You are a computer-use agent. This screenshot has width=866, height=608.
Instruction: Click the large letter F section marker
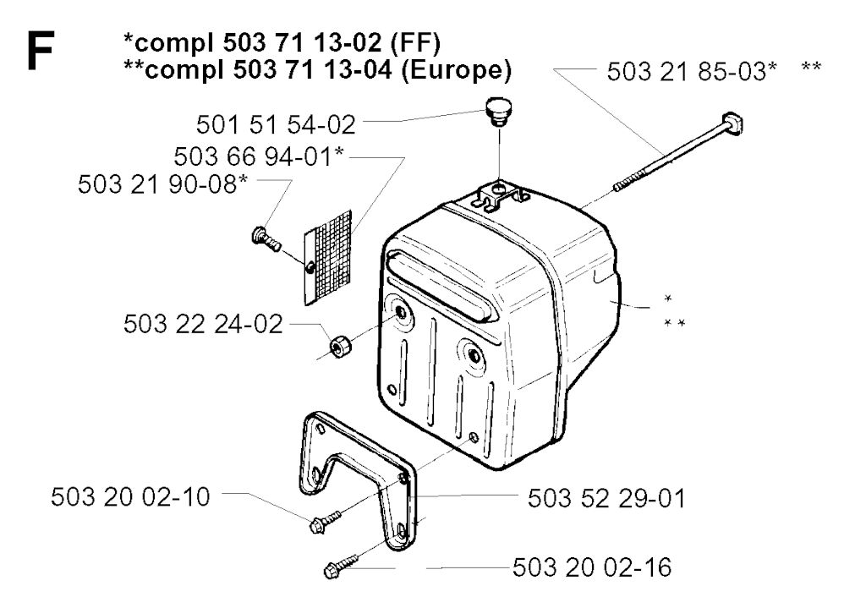click(41, 51)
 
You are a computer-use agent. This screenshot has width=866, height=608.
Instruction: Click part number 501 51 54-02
click(276, 125)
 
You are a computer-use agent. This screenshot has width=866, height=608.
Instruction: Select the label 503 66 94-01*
click(259, 156)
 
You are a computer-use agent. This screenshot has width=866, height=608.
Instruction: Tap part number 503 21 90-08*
click(163, 183)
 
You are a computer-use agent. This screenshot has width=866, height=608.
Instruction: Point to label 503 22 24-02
click(203, 324)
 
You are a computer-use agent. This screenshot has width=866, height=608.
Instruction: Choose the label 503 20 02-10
click(130, 497)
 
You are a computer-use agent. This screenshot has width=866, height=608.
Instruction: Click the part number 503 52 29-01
click(606, 498)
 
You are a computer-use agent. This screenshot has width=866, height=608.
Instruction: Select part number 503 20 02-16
click(592, 567)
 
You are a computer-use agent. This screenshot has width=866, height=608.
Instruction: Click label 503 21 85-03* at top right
click(692, 72)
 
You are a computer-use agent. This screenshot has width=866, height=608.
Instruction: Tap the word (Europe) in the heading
click(456, 70)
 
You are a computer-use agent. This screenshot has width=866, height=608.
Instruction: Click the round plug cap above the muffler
click(499, 111)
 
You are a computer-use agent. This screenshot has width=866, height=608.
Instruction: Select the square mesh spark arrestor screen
click(328, 257)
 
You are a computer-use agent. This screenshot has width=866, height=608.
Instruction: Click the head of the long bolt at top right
click(732, 123)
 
